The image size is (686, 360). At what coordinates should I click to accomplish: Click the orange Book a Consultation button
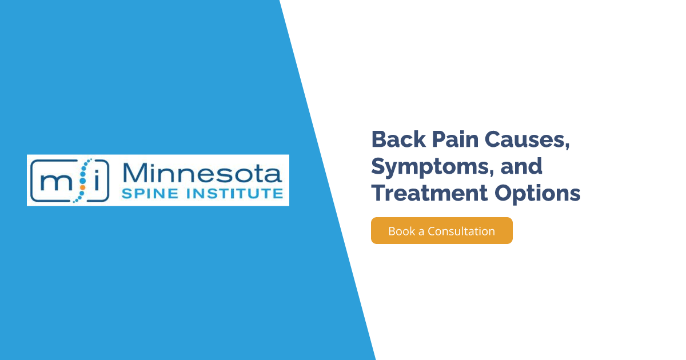(441, 230)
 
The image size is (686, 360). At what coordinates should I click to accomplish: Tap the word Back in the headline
(398, 139)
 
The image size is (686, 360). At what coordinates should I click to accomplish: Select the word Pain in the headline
(456, 139)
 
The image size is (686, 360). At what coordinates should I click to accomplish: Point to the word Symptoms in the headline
(430, 167)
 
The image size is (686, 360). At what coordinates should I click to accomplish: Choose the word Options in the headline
(537, 194)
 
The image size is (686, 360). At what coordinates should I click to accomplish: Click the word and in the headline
(521, 166)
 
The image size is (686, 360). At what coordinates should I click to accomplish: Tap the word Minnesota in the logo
(202, 173)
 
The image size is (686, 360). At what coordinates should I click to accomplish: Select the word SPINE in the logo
(150, 194)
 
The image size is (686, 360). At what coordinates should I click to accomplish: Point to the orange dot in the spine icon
(82, 187)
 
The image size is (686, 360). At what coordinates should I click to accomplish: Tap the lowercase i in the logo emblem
(97, 180)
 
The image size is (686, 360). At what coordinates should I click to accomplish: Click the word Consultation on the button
(461, 231)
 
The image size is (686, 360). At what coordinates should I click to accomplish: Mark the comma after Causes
(567, 146)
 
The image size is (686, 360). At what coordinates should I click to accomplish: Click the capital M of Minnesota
(134, 173)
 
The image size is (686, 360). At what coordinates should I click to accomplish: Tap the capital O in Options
(505, 193)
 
